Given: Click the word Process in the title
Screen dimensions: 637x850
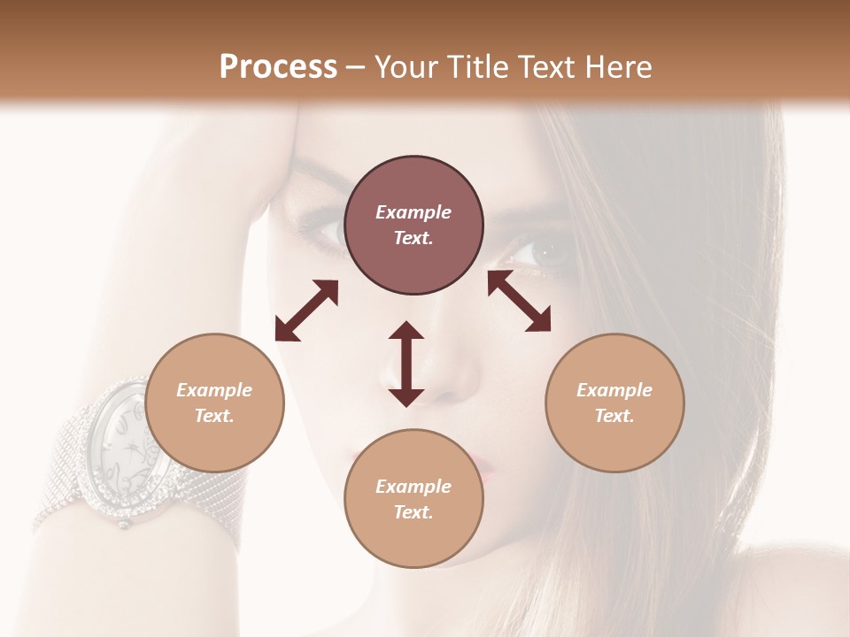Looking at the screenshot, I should pos(278,67).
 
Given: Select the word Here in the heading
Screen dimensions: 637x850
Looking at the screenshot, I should pos(619,67).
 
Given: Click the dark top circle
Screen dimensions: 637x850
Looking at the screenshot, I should pos(413,225).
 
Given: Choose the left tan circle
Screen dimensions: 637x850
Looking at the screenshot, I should pos(214,403).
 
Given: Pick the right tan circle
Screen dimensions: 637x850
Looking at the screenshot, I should pos(614,403).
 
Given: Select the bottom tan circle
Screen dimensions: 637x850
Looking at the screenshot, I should pos(413,498).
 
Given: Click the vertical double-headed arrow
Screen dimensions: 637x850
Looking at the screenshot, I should pos(406,364).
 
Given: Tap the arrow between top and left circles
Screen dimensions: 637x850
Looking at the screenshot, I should pos(306,311).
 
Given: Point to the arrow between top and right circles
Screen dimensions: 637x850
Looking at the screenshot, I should pos(519,301).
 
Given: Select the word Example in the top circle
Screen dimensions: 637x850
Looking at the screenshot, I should pos(413,212).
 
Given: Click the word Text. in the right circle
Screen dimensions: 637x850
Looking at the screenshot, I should pos(614,416).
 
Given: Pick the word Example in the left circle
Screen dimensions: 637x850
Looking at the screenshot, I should pos(214,390).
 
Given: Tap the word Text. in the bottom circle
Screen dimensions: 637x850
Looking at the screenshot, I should pos(413,512).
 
